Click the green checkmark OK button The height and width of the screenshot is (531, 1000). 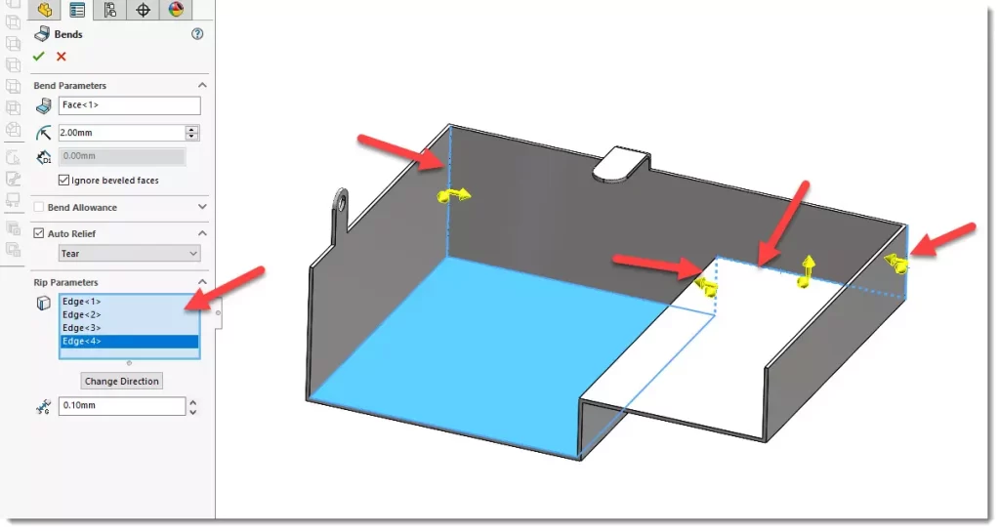coord(39,56)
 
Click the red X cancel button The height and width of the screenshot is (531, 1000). coord(62,56)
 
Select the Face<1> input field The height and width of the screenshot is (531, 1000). coord(130,105)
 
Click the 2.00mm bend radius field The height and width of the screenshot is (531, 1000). coord(121,133)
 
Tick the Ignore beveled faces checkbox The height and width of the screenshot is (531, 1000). coord(63,181)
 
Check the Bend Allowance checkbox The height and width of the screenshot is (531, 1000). coord(39,207)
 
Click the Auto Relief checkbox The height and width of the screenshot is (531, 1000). coord(39,233)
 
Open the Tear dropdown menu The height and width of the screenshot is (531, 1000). coord(130,254)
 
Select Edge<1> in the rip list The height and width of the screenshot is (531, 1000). coord(82,302)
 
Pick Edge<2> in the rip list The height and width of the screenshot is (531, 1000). coord(82,315)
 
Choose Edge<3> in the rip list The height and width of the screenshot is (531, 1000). coord(82,328)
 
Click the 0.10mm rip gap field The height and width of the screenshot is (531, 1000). coord(122,405)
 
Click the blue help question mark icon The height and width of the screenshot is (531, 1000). coord(197,34)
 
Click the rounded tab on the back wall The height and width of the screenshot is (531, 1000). coord(620,164)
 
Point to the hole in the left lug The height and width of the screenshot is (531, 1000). coord(342,203)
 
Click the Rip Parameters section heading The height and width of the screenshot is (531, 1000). coord(65,282)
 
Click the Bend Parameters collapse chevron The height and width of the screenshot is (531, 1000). coord(202,86)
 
